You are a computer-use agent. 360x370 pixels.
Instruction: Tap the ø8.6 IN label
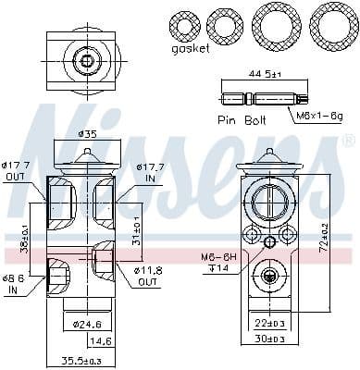point(14,282)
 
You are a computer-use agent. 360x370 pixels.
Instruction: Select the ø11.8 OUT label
point(150,276)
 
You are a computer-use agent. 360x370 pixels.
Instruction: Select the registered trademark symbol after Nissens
point(348,141)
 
